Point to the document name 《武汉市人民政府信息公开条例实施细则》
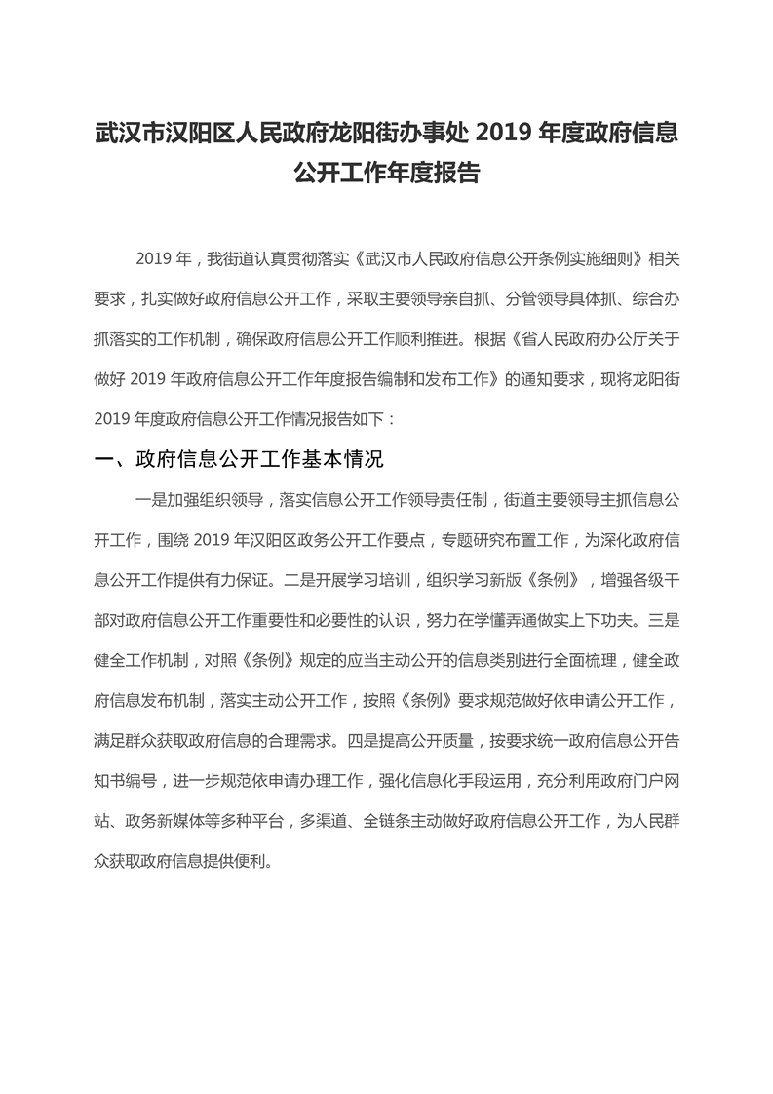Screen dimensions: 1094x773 [x=499, y=260]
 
